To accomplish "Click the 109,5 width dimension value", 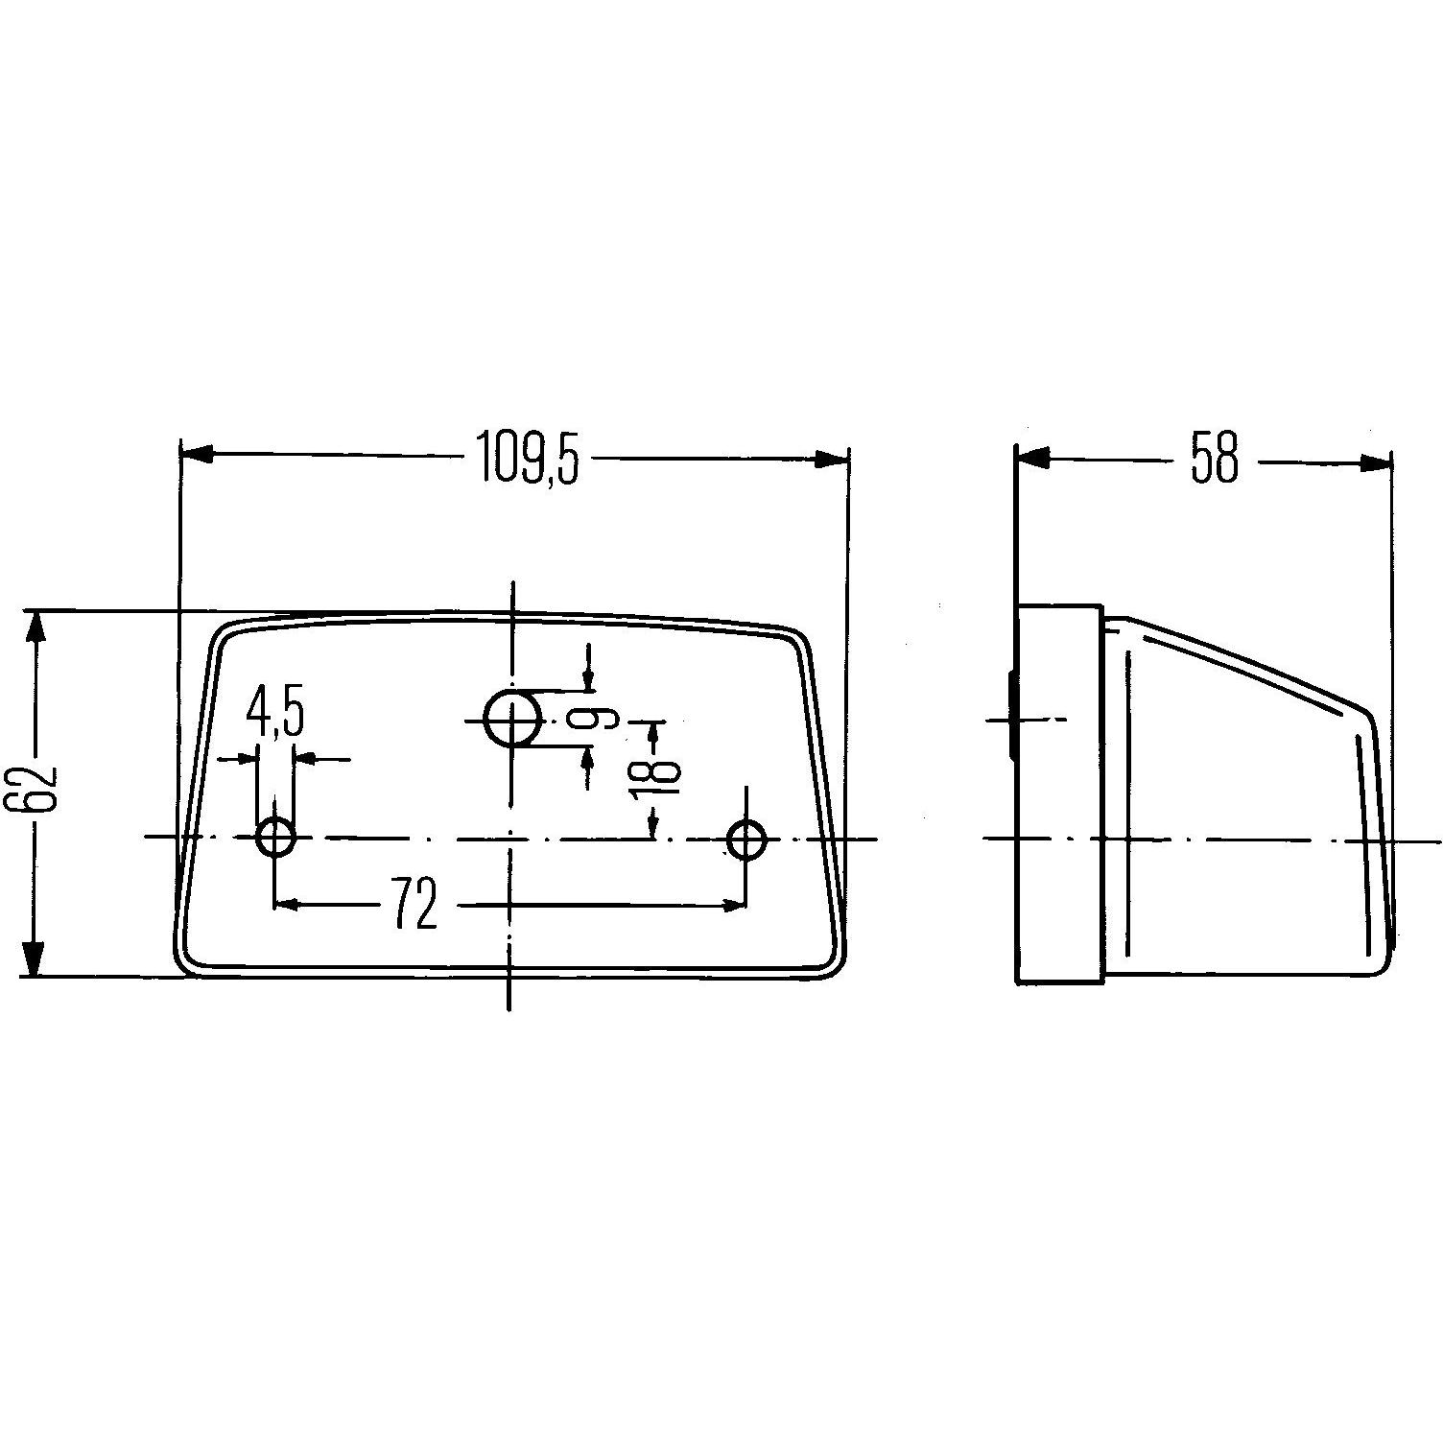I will pos(529,459).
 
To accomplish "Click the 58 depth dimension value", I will pos(1215,460).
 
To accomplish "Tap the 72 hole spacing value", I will pos(414,904).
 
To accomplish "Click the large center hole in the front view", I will pos(512,718).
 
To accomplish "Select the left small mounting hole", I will pos(275,839).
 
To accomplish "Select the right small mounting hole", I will pos(745,839).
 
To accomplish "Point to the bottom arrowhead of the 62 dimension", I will pos(35,958).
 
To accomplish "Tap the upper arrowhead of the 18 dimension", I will pos(654,734).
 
